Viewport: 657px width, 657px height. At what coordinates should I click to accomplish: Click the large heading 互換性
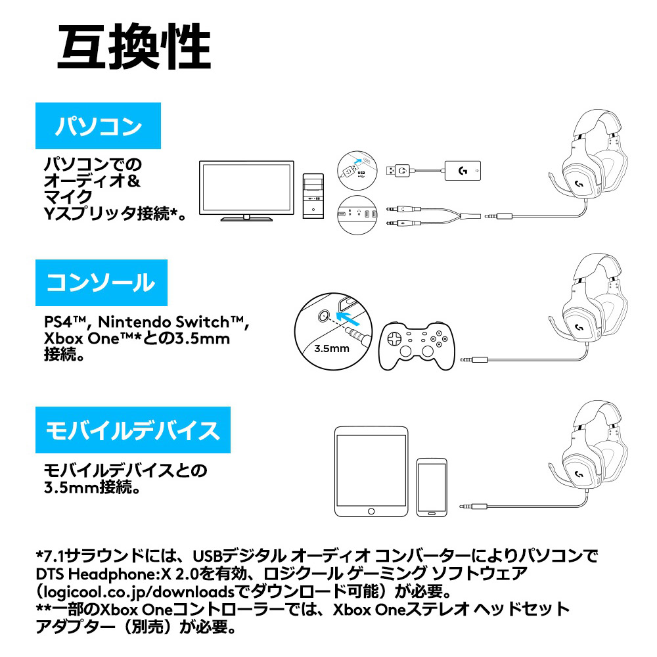click(x=134, y=46)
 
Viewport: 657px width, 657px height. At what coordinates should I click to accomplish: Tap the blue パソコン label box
click(x=98, y=125)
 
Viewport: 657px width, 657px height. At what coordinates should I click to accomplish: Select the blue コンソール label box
click(x=101, y=283)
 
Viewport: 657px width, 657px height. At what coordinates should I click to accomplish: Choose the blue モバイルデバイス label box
click(x=133, y=430)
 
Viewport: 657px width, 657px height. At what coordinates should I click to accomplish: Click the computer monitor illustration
click(x=246, y=191)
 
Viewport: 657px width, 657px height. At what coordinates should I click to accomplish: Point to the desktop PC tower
click(x=313, y=196)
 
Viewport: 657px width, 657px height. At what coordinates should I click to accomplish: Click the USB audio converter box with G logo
click(x=463, y=171)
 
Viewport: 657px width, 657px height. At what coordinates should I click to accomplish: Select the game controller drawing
click(x=417, y=346)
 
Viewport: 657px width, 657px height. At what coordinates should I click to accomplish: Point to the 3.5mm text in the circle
click(x=331, y=349)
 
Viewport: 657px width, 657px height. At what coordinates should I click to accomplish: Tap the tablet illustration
click(x=371, y=471)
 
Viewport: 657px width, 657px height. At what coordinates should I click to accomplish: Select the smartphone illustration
click(x=432, y=487)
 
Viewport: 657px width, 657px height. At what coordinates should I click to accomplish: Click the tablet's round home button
click(x=371, y=511)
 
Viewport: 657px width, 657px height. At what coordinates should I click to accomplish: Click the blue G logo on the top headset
click(x=579, y=183)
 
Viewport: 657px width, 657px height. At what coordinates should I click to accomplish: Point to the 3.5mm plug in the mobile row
click(x=473, y=507)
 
